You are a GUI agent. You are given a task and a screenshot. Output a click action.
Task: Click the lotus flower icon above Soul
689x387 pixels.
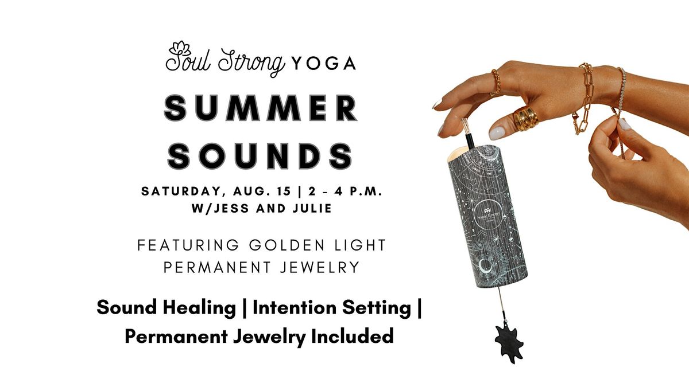(180, 49)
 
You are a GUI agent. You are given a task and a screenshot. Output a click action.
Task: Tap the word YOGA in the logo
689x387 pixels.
(323, 64)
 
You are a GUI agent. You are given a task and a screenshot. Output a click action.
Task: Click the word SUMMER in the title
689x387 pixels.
(261, 108)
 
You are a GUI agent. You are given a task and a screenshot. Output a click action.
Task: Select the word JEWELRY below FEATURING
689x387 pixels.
(320, 267)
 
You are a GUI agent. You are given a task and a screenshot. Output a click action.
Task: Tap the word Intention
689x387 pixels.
(295, 307)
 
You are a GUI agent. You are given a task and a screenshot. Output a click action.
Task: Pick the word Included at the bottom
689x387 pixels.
(353, 336)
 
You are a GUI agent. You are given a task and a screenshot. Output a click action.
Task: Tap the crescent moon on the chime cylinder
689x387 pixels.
(484, 266)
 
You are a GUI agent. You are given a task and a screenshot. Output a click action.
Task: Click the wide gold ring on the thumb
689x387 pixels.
(525, 119)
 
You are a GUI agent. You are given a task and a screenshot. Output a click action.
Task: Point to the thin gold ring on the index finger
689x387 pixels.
(496, 81)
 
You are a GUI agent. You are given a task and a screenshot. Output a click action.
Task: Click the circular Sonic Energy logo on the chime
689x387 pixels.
(488, 214)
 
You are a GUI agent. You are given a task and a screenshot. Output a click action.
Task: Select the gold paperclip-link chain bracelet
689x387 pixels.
(582, 98)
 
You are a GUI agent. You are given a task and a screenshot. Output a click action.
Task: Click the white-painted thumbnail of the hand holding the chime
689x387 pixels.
(497, 132)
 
